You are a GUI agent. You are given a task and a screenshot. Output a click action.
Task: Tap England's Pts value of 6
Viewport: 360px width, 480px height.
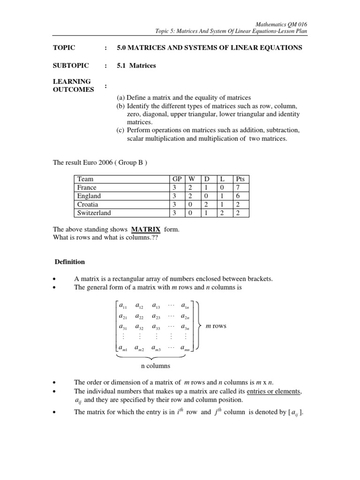pos(238,196)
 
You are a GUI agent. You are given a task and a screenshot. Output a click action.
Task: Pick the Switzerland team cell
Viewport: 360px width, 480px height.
pos(94,213)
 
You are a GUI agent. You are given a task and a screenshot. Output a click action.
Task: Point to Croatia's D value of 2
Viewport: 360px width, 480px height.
pos(206,204)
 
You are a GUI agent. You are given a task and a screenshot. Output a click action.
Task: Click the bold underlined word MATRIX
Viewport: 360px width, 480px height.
pos(145,229)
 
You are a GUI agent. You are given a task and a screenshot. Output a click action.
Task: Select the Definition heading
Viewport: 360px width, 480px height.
pos(70,262)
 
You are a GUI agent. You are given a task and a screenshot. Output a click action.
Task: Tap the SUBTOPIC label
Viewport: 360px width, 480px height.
pos(69,66)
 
